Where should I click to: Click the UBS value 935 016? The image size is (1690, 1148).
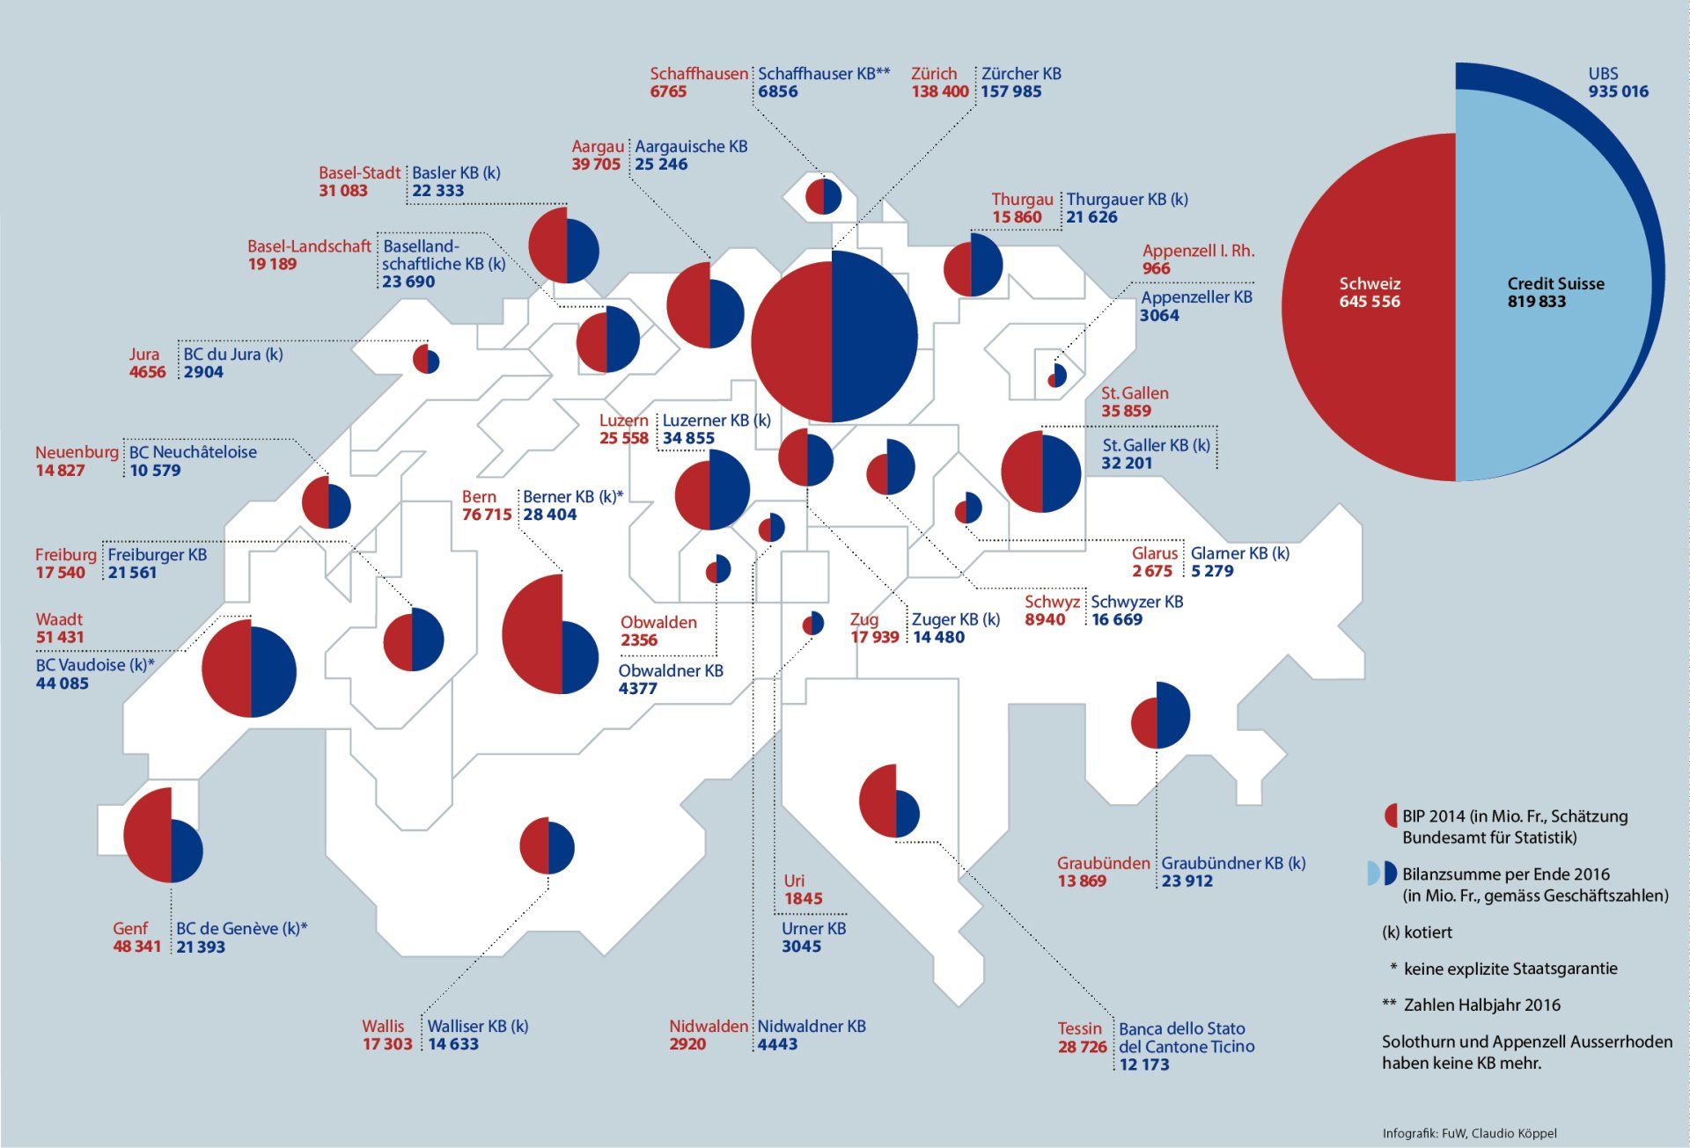pyautogui.click(x=1618, y=91)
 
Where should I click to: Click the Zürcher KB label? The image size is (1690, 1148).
pyautogui.click(x=1021, y=74)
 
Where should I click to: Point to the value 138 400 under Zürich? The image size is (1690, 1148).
pyautogui.click(x=939, y=91)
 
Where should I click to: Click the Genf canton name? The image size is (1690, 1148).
pyautogui.click(x=130, y=928)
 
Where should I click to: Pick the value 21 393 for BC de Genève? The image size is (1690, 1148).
pyautogui.click(x=201, y=947)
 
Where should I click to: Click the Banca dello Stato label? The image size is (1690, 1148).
pyautogui.click(x=1181, y=1028)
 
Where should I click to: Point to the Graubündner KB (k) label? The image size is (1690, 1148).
pyautogui.click(x=1233, y=863)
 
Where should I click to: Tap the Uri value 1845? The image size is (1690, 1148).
pyautogui.click(x=803, y=898)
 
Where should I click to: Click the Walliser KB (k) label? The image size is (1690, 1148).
pyautogui.click(x=478, y=1026)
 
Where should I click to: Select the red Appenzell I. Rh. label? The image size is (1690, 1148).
pyautogui.click(x=1198, y=251)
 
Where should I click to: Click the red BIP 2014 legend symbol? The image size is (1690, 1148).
pyautogui.click(x=1390, y=815)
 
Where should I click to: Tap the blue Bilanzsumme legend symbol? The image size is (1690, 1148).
pyautogui.click(x=1391, y=874)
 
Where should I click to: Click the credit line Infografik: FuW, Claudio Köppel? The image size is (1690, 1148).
pyautogui.click(x=1469, y=1133)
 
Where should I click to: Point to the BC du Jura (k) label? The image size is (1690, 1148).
pyautogui.click(x=232, y=355)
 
